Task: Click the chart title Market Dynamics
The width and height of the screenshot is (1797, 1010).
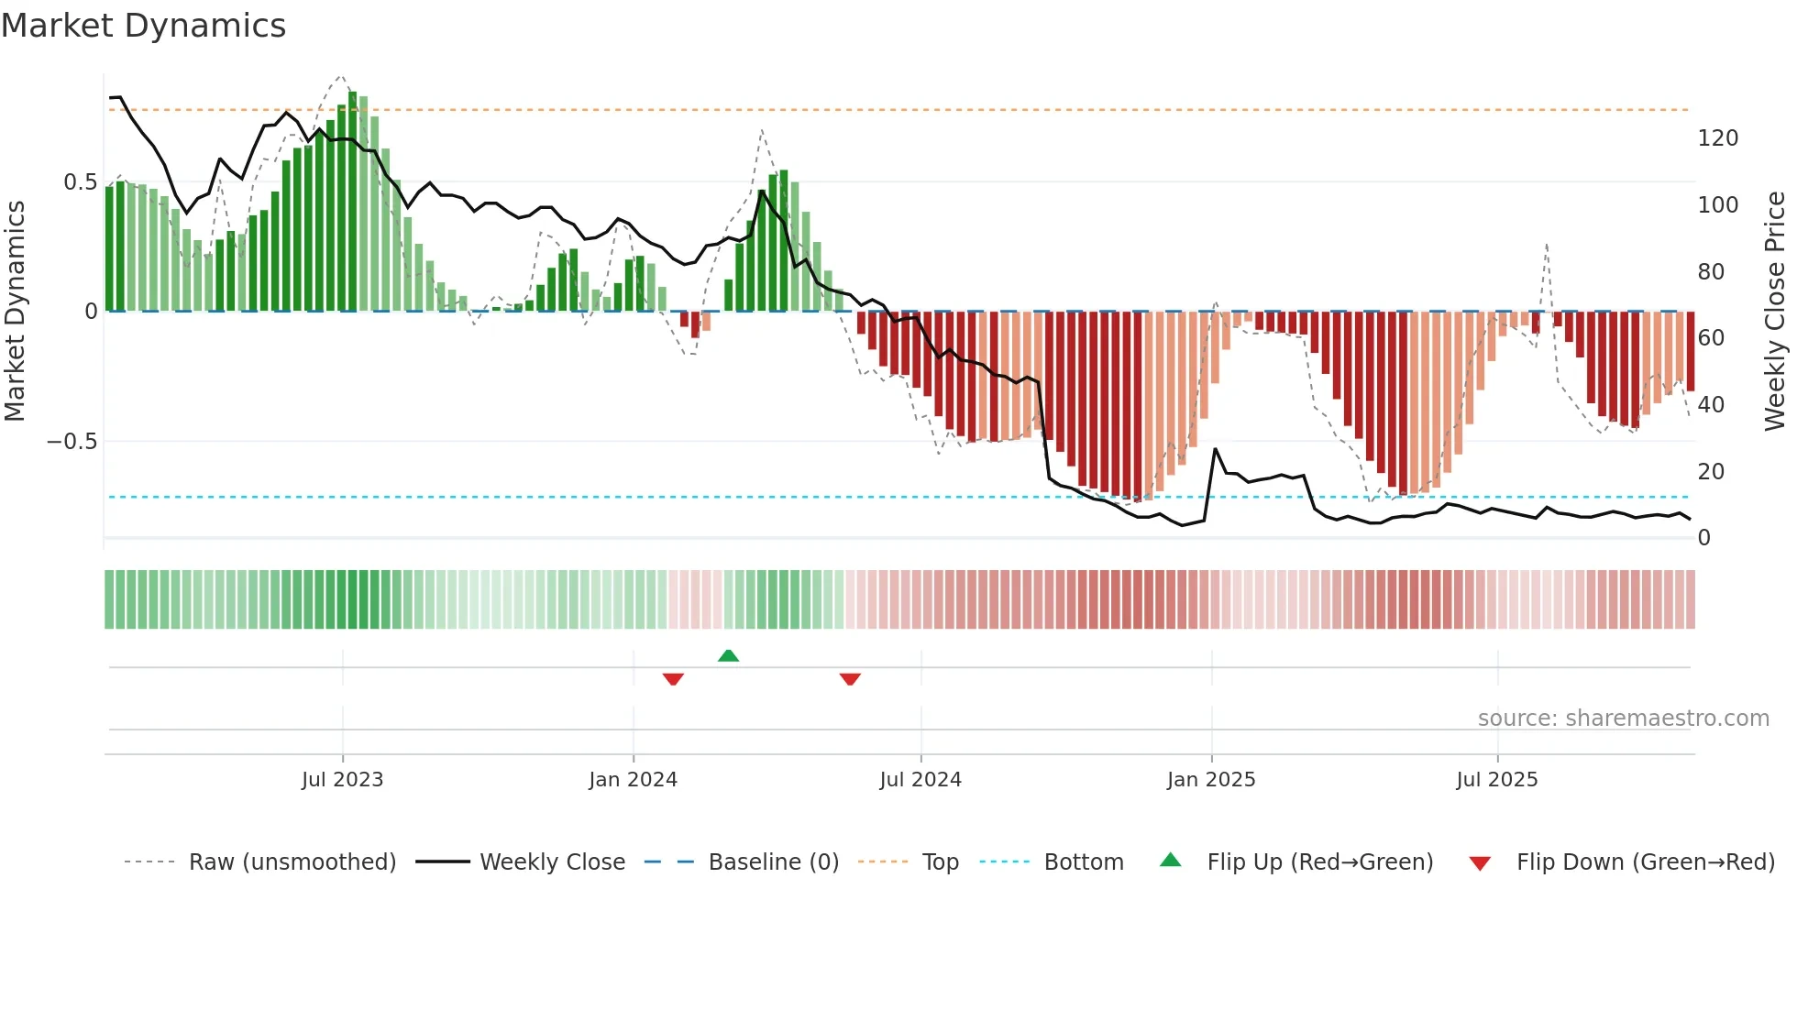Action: click(143, 26)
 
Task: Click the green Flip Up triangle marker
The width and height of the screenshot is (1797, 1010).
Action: click(728, 655)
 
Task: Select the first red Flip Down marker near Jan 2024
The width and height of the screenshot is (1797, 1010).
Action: click(673, 679)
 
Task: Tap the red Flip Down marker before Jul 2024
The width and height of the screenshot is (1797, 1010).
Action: click(850, 679)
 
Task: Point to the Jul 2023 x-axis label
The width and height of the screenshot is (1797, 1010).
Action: click(342, 780)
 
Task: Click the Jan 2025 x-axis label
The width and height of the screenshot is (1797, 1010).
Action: click(1210, 780)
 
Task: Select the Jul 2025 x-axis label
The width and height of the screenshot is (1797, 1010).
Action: click(1496, 780)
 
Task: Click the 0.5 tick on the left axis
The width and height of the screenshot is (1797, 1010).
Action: click(80, 182)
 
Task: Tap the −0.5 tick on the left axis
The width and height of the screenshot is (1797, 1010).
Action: click(72, 442)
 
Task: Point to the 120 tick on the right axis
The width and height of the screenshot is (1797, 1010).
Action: click(1717, 138)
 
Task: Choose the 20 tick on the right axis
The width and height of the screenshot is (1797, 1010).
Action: click(1711, 472)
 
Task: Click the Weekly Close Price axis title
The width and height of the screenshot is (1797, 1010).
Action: click(1775, 312)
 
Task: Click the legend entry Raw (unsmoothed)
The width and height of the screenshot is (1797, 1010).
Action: click(292, 862)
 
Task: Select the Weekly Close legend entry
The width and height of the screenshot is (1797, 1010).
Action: click(552, 862)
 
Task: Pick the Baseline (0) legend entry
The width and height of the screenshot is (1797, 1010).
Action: click(773, 862)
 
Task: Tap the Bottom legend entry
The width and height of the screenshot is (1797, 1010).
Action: click(1083, 862)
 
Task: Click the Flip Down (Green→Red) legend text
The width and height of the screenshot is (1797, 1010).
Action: click(1645, 862)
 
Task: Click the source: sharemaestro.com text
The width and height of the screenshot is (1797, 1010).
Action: click(1623, 719)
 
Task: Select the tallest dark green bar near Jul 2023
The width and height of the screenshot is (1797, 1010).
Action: click(353, 202)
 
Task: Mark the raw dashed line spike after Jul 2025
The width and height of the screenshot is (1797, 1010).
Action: click(1547, 246)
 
